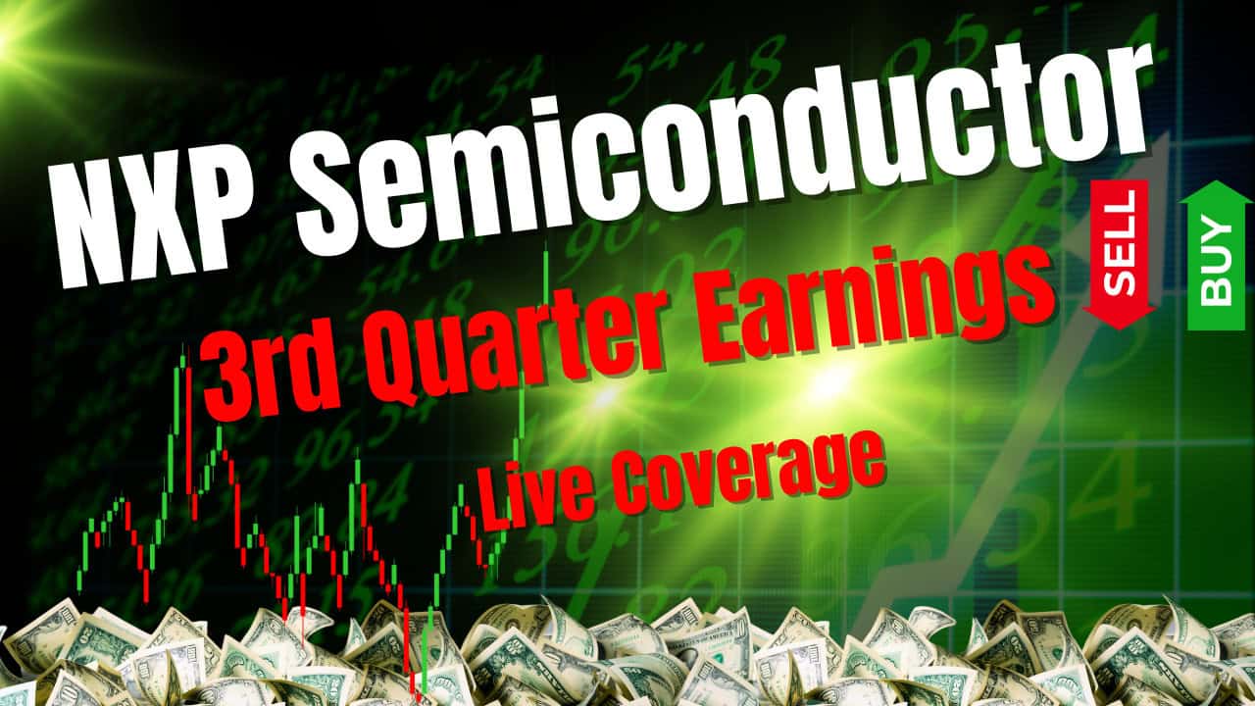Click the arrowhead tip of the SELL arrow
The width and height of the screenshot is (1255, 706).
1121,324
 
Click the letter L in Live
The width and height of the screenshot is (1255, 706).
494,506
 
